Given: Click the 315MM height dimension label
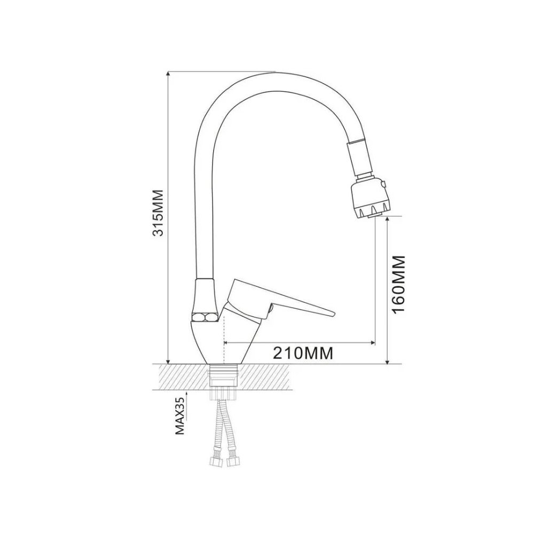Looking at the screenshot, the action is (x=158, y=213).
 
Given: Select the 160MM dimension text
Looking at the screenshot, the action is (x=398, y=285).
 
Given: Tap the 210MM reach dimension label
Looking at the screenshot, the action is (x=303, y=353).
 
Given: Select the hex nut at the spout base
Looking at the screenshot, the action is (x=205, y=317).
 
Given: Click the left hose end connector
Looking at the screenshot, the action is (x=215, y=462).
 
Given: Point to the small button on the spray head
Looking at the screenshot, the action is (x=384, y=185).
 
